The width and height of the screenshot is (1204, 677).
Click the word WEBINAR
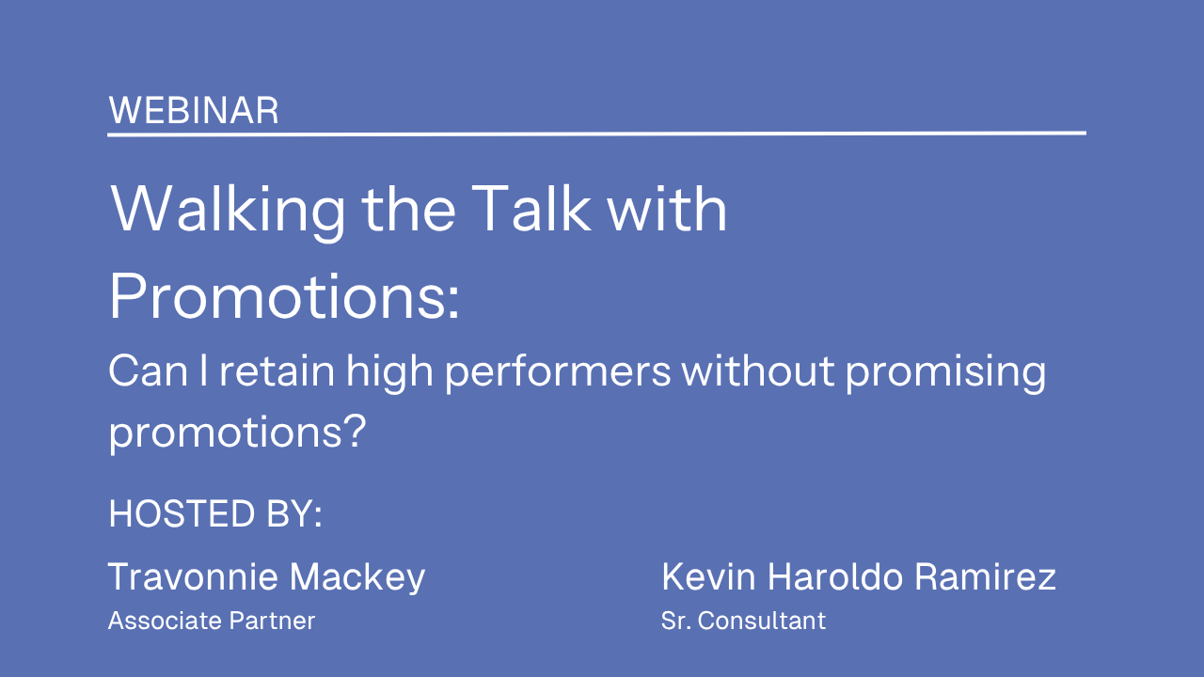coord(194,111)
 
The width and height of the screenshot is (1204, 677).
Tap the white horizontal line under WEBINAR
coord(596,134)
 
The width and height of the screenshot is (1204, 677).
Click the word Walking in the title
coord(228,211)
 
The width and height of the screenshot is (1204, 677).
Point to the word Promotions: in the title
coord(284,296)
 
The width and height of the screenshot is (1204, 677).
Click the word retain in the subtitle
coord(277,370)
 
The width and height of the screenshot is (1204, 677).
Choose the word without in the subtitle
coord(758,370)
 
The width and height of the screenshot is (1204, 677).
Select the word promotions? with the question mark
coord(237,433)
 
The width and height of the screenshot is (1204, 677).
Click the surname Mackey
coord(357,578)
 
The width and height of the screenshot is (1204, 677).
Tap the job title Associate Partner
coord(212,622)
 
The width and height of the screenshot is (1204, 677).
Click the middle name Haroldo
coord(834,576)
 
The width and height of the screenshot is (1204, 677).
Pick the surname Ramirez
coord(985,576)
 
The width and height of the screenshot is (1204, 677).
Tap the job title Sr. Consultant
coord(743,622)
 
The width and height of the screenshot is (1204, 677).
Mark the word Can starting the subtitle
coord(149,370)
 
